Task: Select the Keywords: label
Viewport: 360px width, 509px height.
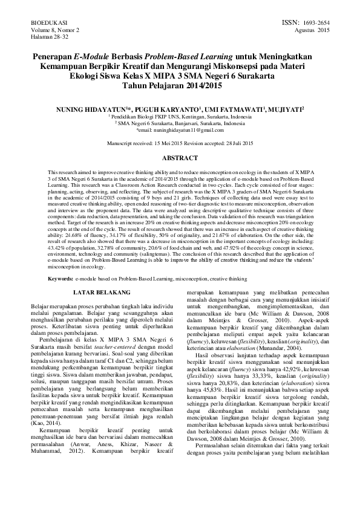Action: click(60, 279)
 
